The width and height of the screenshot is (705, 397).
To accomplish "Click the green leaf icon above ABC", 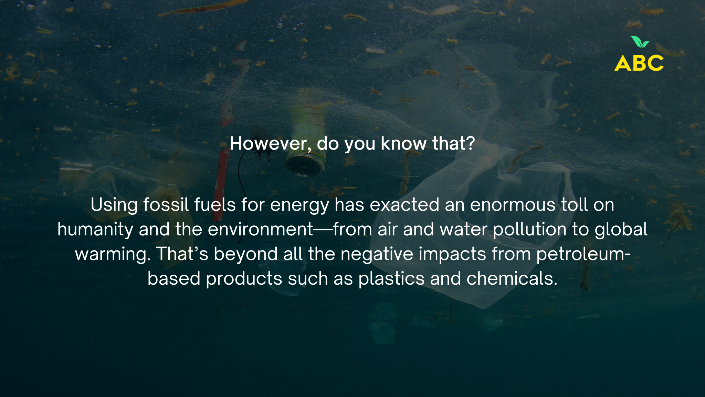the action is pos(640,42).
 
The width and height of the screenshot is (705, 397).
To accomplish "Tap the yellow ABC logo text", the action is pos(639,63).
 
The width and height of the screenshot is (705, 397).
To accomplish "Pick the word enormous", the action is pos(513,205).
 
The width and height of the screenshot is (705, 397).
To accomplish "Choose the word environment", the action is pos(261,230).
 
